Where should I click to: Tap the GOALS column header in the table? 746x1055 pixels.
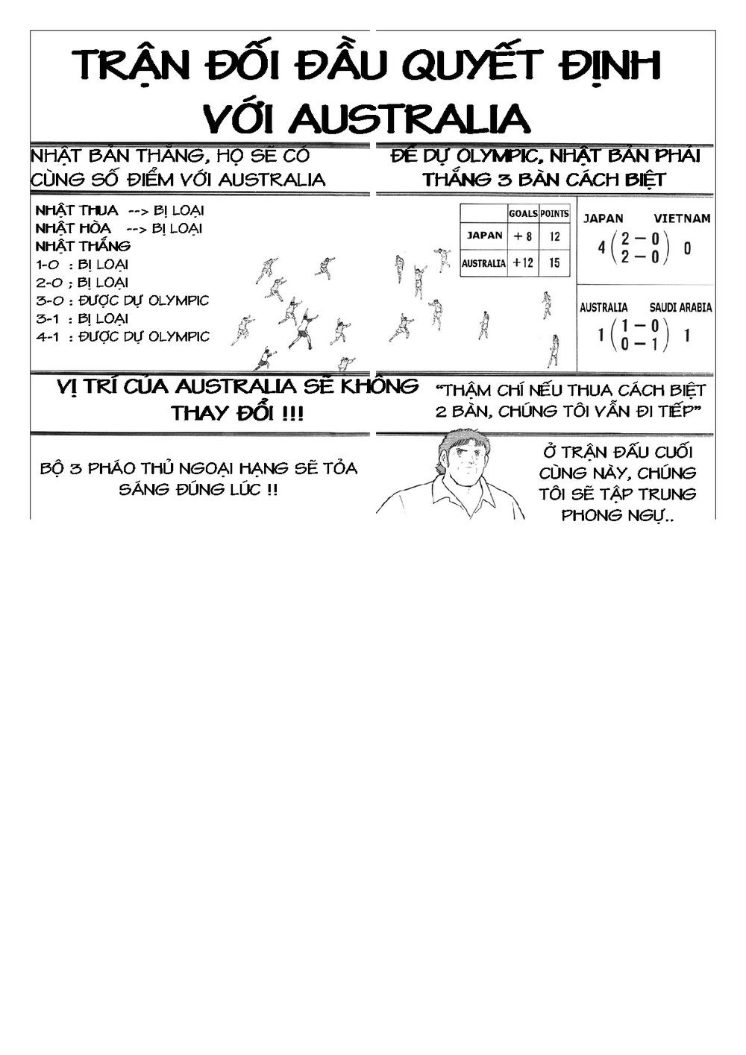point(523,214)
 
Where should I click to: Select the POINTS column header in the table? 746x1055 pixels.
point(554,213)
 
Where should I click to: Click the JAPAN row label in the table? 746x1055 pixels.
point(484,235)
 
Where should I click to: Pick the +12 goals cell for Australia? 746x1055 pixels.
point(523,262)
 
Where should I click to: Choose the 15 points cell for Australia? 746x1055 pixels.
point(554,262)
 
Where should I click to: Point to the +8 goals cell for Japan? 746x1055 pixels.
point(523,236)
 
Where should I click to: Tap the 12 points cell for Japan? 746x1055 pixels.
point(554,236)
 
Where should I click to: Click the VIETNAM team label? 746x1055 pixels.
point(682,218)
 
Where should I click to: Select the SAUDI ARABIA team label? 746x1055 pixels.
point(680,307)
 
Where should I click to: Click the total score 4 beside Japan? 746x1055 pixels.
point(601,248)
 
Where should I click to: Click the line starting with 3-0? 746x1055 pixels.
point(122,300)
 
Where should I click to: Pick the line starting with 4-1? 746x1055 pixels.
point(122,337)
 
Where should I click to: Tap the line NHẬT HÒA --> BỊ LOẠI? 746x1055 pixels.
point(119,228)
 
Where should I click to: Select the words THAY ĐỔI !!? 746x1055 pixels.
point(237,414)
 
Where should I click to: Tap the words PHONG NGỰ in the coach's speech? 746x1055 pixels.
point(618,515)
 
